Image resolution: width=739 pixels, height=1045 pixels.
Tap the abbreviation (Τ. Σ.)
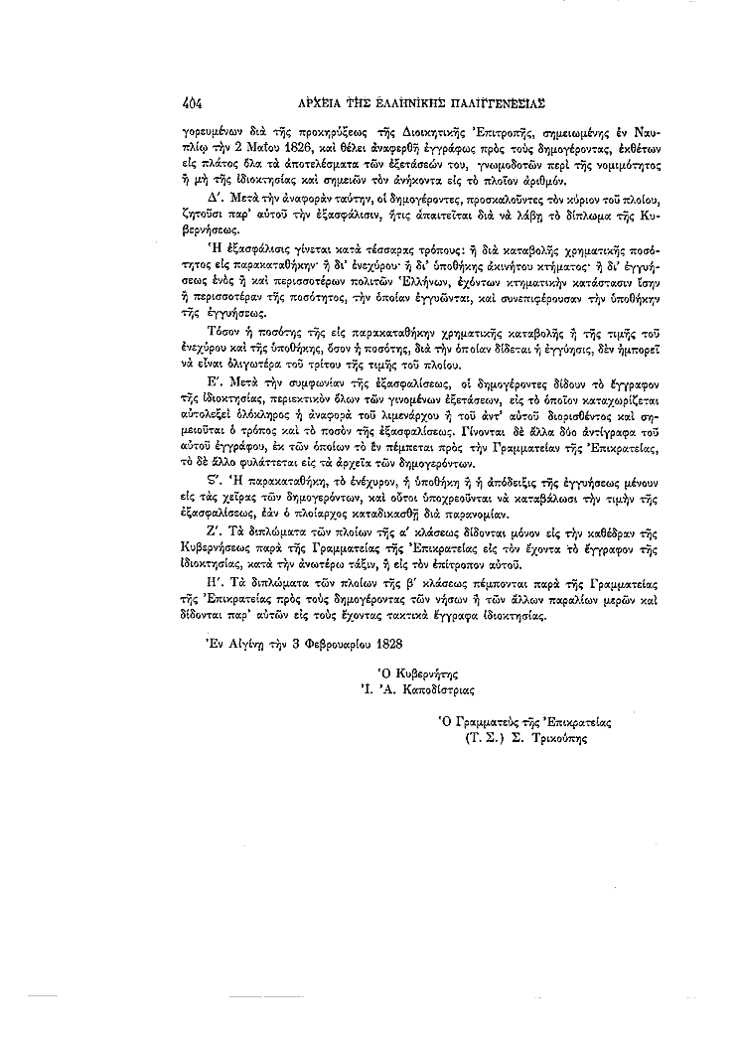[x=482, y=738]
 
